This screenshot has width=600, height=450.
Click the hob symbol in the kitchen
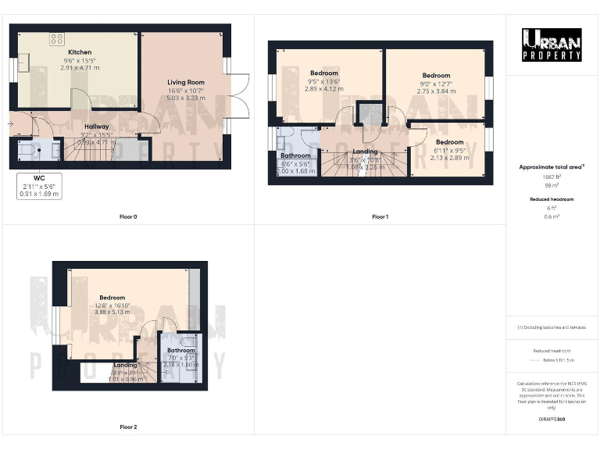coord(57,37)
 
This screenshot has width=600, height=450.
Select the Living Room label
coord(185,82)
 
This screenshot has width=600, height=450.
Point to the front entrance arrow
coord(12,123)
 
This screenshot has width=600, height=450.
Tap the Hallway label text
coord(97,127)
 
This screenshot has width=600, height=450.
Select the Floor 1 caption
coord(380,216)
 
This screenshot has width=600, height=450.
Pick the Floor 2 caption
coord(128,427)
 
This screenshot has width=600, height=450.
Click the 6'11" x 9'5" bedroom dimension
coord(449,150)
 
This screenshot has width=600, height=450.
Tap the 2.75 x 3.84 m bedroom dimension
coord(436,91)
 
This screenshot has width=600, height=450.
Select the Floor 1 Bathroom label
coord(295,155)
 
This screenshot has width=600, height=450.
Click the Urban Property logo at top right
coord(552,45)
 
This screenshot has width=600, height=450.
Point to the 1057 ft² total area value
coord(552,177)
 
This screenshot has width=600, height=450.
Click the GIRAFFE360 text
coord(552,420)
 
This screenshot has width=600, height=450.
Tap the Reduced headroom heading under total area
coord(552,199)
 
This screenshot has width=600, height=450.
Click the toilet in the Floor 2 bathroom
coord(187,343)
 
